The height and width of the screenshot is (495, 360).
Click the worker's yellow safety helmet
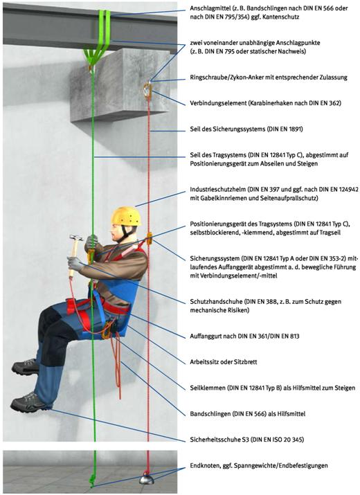point(126,216)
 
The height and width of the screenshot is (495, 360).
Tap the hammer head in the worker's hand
point(76,237)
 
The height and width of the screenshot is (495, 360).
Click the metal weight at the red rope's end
point(147,479)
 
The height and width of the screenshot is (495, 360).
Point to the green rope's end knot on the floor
point(92,480)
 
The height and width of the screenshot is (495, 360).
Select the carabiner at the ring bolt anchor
point(147,91)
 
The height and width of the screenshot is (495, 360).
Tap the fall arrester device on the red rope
point(149,239)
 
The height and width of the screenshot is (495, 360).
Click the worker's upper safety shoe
point(25,367)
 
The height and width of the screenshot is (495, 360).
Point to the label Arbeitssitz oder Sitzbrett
point(223,362)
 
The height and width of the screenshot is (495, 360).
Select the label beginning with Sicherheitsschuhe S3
point(247,440)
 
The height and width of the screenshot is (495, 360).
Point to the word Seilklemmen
point(208,388)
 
